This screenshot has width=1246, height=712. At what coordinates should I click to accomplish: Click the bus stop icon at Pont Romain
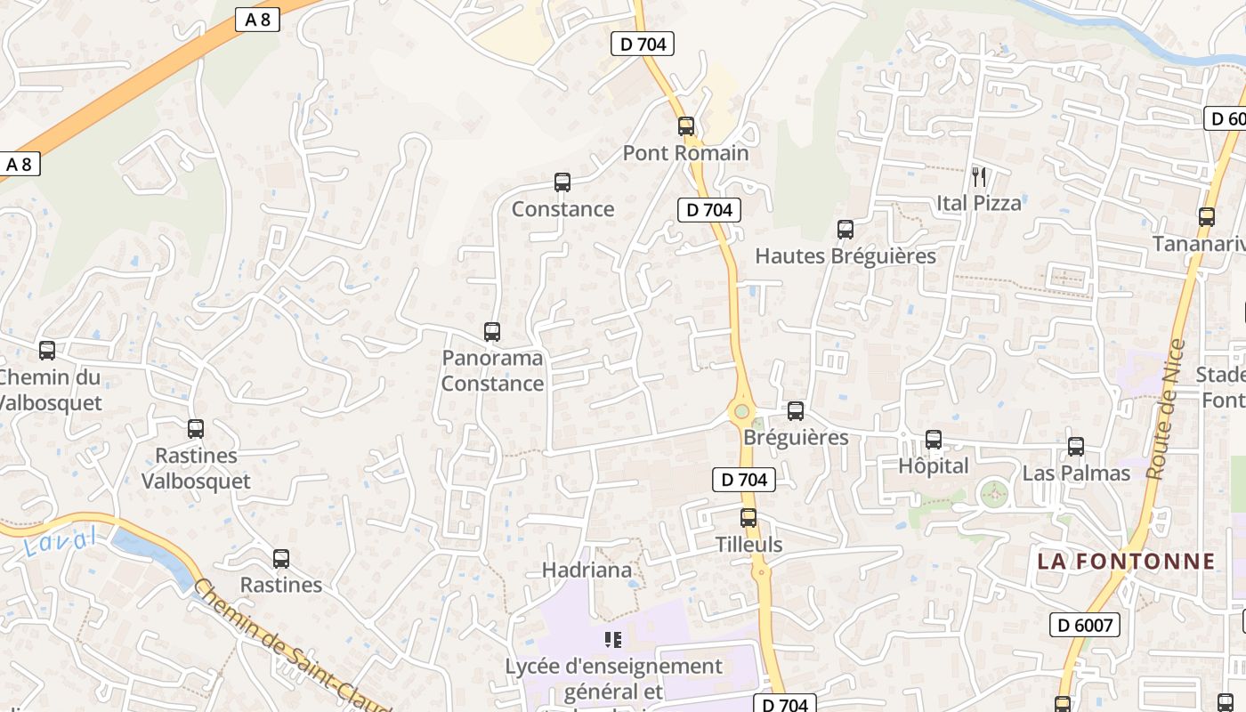(685, 126)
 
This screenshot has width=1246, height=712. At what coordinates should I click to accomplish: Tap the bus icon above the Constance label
(562, 182)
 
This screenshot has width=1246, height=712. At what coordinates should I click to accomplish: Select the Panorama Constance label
(492, 371)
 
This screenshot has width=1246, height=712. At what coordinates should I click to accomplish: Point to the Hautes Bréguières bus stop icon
(845, 230)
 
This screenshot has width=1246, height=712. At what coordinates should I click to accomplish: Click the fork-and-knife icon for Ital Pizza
(978, 176)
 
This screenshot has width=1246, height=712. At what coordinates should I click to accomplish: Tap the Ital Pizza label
(978, 203)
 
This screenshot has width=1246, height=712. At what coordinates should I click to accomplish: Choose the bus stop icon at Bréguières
(795, 411)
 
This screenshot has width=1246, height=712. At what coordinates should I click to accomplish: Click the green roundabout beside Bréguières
(740, 412)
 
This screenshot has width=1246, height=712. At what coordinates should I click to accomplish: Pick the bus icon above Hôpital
(933, 440)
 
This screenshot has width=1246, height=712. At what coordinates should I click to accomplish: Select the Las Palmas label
(1075, 473)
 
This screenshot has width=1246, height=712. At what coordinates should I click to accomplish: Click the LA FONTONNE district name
(1125, 562)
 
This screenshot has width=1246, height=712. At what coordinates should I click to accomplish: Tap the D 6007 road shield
(1084, 625)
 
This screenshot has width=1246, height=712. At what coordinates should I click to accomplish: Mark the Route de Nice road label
(1167, 409)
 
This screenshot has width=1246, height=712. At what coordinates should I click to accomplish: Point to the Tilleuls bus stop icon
(748, 518)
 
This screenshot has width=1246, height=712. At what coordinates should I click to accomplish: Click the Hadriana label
(587, 570)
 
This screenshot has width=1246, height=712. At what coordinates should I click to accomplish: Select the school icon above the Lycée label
(612, 639)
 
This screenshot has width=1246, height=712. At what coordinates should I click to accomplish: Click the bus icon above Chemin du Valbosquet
(47, 351)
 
